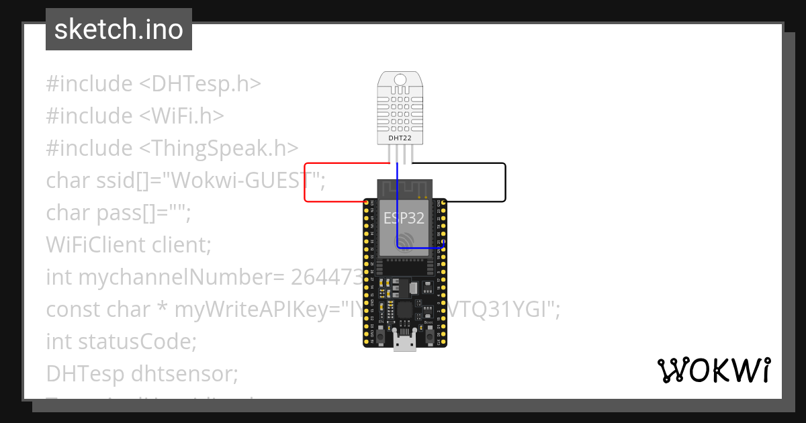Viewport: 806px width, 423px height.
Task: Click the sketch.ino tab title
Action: [x=118, y=30]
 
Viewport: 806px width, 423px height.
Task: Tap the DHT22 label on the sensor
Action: [x=401, y=138]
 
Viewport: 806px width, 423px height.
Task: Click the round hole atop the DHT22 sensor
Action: [x=401, y=80]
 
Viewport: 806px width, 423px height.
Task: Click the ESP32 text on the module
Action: [x=404, y=218]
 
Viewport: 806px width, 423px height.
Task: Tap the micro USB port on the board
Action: [x=404, y=344]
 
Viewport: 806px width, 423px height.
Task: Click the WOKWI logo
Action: [x=713, y=370]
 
